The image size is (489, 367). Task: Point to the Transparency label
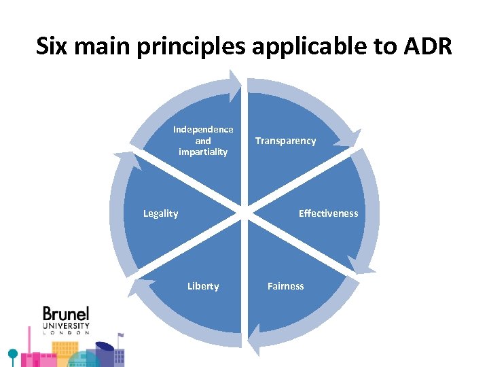tap(285, 141)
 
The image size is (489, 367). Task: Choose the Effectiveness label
tap(328, 213)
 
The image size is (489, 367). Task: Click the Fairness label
tap(285, 286)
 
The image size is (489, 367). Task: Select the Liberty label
tap(203, 286)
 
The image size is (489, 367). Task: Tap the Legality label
tap(160, 213)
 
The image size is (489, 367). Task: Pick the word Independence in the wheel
tap(203, 129)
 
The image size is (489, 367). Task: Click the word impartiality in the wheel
tap(203, 152)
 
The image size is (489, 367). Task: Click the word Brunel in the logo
tap(66, 314)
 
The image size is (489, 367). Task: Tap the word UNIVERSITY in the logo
tap(66, 326)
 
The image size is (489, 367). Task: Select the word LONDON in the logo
tap(66, 333)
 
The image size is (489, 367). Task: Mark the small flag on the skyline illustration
tap(120, 336)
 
